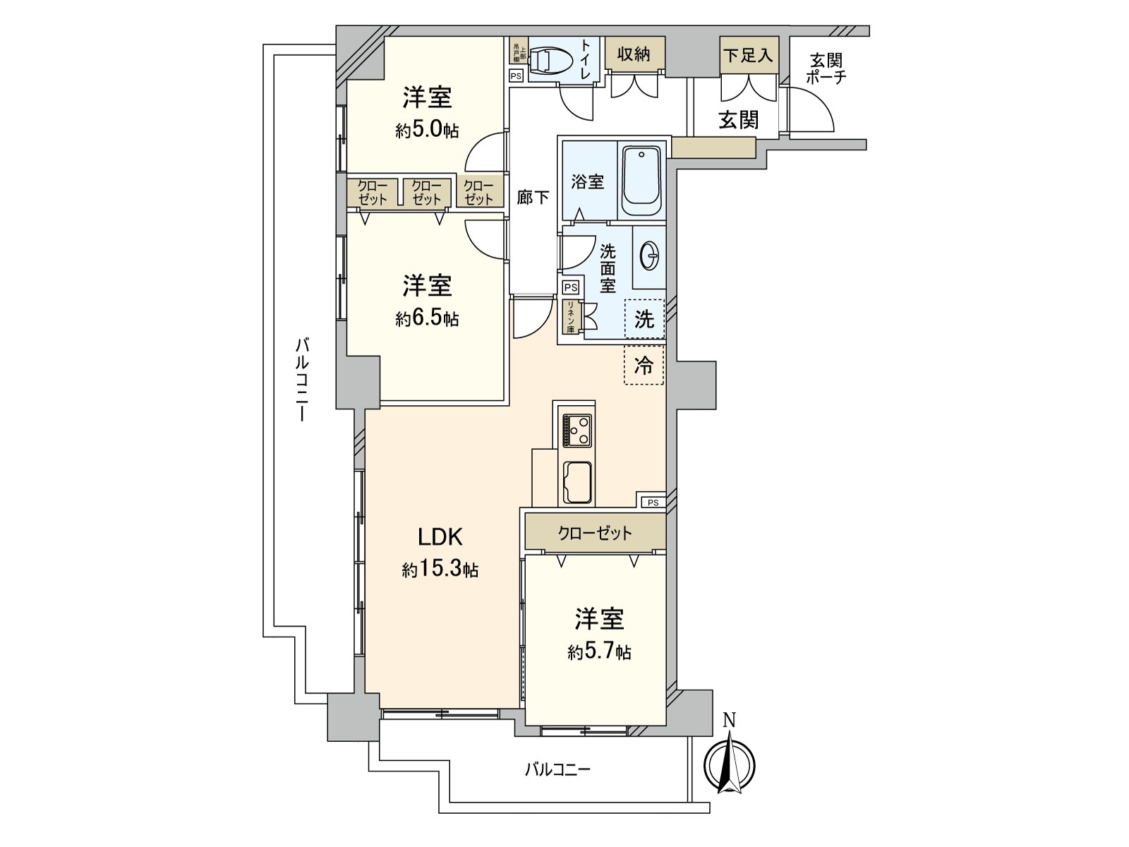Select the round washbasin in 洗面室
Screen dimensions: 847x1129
click(x=650, y=255)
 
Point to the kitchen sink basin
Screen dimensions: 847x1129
click(x=576, y=482)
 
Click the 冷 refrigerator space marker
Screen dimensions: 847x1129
click(x=644, y=365)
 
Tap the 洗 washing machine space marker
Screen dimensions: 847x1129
click(x=644, y=319)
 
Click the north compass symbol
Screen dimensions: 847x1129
click(x=730, y=764)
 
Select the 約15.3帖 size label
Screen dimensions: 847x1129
click(x=440, y=569)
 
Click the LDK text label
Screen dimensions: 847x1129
click(x=440, y=537)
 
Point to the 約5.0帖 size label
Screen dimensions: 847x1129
click(x=427, y=130)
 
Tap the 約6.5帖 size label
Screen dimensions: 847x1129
click(x=427, y=318)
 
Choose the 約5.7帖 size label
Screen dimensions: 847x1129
click(x=599, y=651)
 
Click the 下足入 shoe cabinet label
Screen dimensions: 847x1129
click(x=748, y=54)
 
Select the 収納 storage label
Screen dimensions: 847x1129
click(x=634, y=54)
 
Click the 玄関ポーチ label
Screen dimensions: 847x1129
click(x=826, y=68)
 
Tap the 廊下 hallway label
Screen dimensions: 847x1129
click(x=533, y=197)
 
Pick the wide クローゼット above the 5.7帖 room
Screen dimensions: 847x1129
click(x=595, y=533)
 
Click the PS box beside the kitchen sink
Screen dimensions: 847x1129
click(x=653, y=503)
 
